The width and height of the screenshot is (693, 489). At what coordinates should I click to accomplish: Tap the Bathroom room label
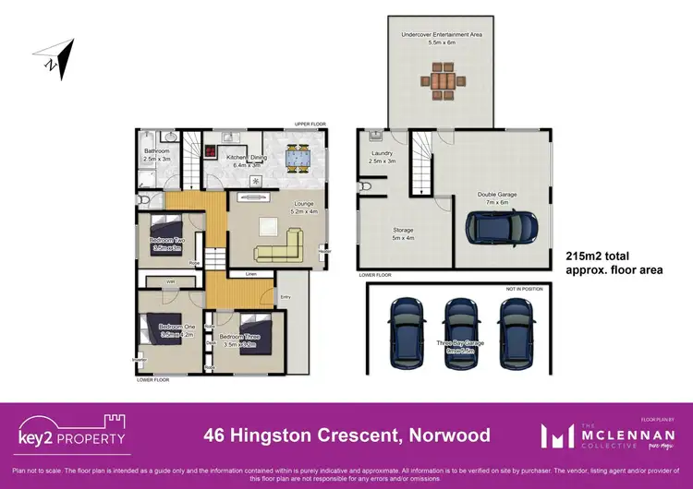156,154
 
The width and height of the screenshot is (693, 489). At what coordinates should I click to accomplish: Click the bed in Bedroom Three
254,335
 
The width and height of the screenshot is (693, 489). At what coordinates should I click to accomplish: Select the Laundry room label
382,158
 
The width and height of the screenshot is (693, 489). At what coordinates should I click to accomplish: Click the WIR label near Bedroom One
171,282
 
